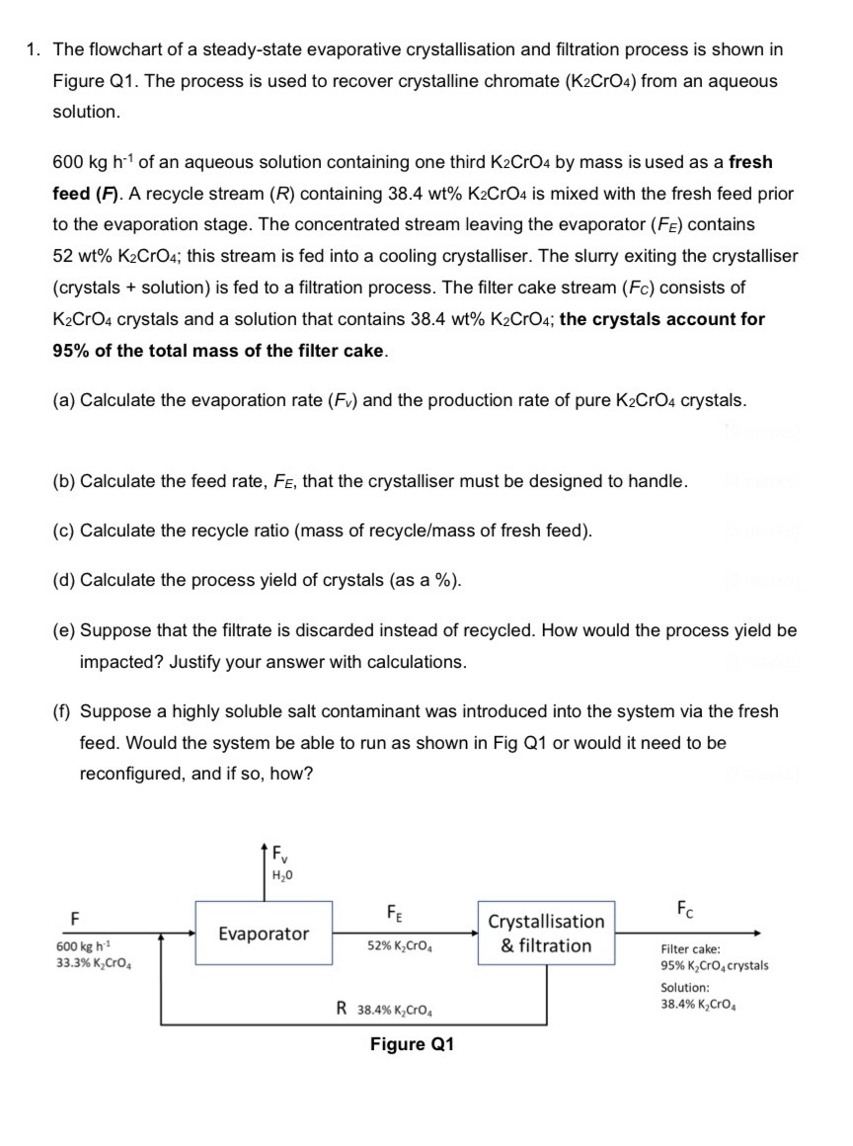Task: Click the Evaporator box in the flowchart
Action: click(263, 934)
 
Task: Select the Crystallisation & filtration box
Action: click(546, 934)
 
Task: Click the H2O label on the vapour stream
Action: click(280, 873)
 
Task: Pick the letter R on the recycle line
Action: click(341, 1009)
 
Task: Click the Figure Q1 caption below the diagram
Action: click(412, 1044)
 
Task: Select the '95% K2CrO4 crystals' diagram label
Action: click(714, 965)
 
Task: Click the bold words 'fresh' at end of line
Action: click(750, 162)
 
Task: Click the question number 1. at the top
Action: click(34, 49)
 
